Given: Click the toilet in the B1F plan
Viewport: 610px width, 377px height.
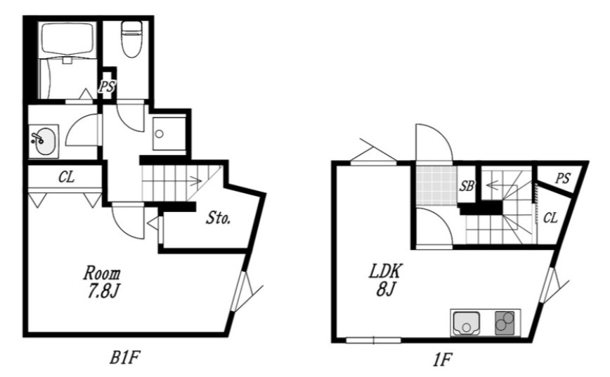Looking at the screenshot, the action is (x=131, y=39).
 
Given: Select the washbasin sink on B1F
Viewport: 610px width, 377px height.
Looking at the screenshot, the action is (x=44, y=141).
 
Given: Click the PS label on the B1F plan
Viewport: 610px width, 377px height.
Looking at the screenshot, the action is (x=107, y=86).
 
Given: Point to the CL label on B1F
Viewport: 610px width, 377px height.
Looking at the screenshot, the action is (x=67, y=177).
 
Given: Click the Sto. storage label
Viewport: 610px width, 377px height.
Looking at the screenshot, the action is (x=218, y=218).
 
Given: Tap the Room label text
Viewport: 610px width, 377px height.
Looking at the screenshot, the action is (x=102, y=274).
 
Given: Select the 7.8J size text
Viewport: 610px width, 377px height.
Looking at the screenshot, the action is (x=103, y=291).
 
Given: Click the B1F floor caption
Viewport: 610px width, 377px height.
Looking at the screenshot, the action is (x=124, y=357).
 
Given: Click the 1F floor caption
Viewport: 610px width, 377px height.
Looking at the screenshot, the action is (x=442, y=359).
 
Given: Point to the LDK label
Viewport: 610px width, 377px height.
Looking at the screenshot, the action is (x=384, y=271).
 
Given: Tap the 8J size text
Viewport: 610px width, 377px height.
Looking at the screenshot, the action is (x=386, y=289).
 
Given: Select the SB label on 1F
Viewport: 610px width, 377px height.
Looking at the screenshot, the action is (x=467, y=186).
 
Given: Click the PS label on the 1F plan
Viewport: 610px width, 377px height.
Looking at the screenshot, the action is (x=562, y=178).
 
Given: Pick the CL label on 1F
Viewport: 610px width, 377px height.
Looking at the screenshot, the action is (x=550, y=218).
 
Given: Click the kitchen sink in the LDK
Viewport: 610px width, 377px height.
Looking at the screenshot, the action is (x=466, y=323).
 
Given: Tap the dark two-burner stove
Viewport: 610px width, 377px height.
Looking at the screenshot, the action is (x=505, y=322).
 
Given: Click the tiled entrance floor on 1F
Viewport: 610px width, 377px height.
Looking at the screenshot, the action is (x=436, y=186).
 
